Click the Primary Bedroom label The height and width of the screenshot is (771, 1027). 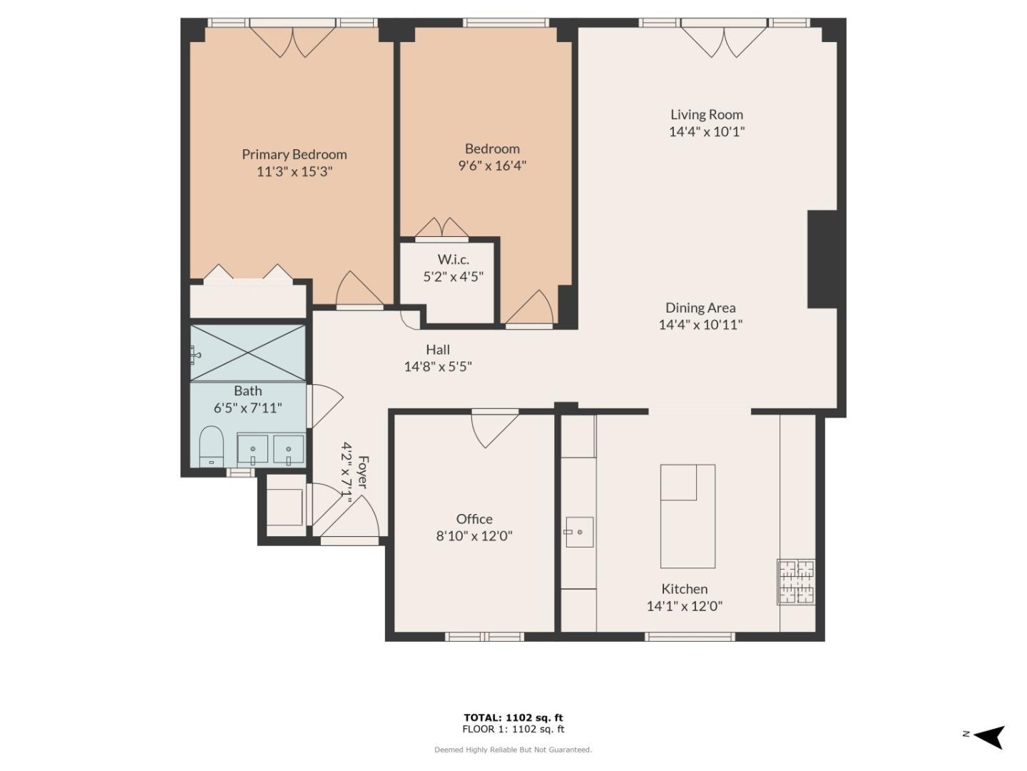[295, 154]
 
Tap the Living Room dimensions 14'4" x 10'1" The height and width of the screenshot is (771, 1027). [707, 131]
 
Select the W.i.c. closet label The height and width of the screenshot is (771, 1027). [454, 259]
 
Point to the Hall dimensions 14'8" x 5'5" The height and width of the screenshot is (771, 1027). [438, 366]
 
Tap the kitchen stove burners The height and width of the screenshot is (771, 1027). [796, 582]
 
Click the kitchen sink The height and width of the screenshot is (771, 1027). [580, 532]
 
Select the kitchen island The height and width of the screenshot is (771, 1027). [688, 516]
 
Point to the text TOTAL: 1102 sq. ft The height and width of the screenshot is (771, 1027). [513, 717]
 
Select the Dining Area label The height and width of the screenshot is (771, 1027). [700, 308]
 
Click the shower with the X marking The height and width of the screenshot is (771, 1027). [247, 352]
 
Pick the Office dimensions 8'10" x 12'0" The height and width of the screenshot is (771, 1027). [474, 536]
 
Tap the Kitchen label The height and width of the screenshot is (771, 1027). [684, 589]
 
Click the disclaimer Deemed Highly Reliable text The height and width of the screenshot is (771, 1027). [513, 750]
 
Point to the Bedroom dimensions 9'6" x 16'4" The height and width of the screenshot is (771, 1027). [492, 166]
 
